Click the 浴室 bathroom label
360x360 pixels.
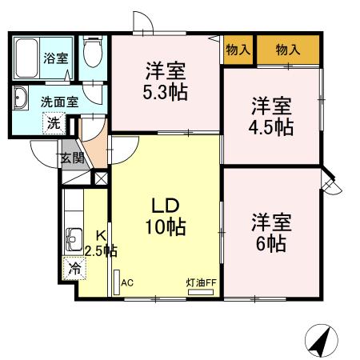point(56,58)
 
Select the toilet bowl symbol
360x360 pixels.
point(93,54)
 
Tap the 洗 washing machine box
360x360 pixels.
point(52,124)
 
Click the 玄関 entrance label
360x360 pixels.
point(71,157)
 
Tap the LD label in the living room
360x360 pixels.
point(166,205)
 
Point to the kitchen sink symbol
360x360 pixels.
point(74,238)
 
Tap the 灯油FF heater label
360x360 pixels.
point(202,282)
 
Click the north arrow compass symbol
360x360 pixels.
point(322,342)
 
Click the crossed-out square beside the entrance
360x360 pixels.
point(101,178)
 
